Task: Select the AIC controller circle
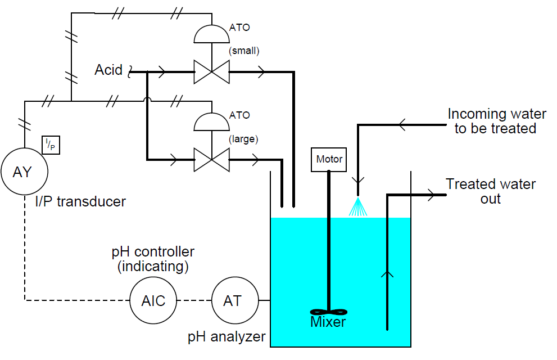click(153, 301)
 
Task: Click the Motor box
click(329, 160)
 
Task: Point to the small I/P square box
click(51, 146)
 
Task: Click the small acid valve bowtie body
click(211, 72)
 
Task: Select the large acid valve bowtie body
click(211, 160)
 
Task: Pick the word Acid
click(108, 70)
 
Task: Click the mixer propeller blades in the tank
click(329, 312)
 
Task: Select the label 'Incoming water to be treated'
click(496, 121)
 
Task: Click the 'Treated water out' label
click(491, 191)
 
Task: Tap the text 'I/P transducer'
click(84, 201)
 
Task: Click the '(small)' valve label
click(243, 51)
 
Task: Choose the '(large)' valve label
click(243, 138)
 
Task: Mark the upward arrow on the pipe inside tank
click(387, 274)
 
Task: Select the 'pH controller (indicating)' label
click(153, 259)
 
